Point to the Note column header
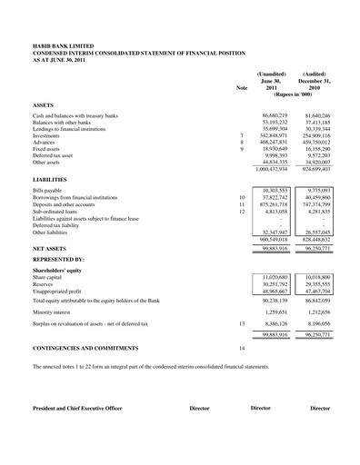coord(241,87)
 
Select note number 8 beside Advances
coord(241,143)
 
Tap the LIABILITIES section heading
coord(52,181)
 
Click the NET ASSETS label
coord(51,246)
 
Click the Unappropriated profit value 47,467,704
coord(317,289)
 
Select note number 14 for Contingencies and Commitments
coord(242,348)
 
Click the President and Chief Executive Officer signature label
coord(76,409)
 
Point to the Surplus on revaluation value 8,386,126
coord(274,322)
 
